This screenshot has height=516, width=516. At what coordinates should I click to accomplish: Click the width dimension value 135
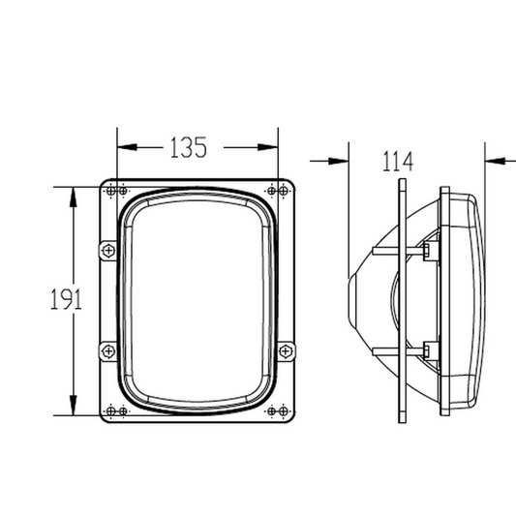click(189, 147)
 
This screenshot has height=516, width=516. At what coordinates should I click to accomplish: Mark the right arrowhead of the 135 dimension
click(271, 148)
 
